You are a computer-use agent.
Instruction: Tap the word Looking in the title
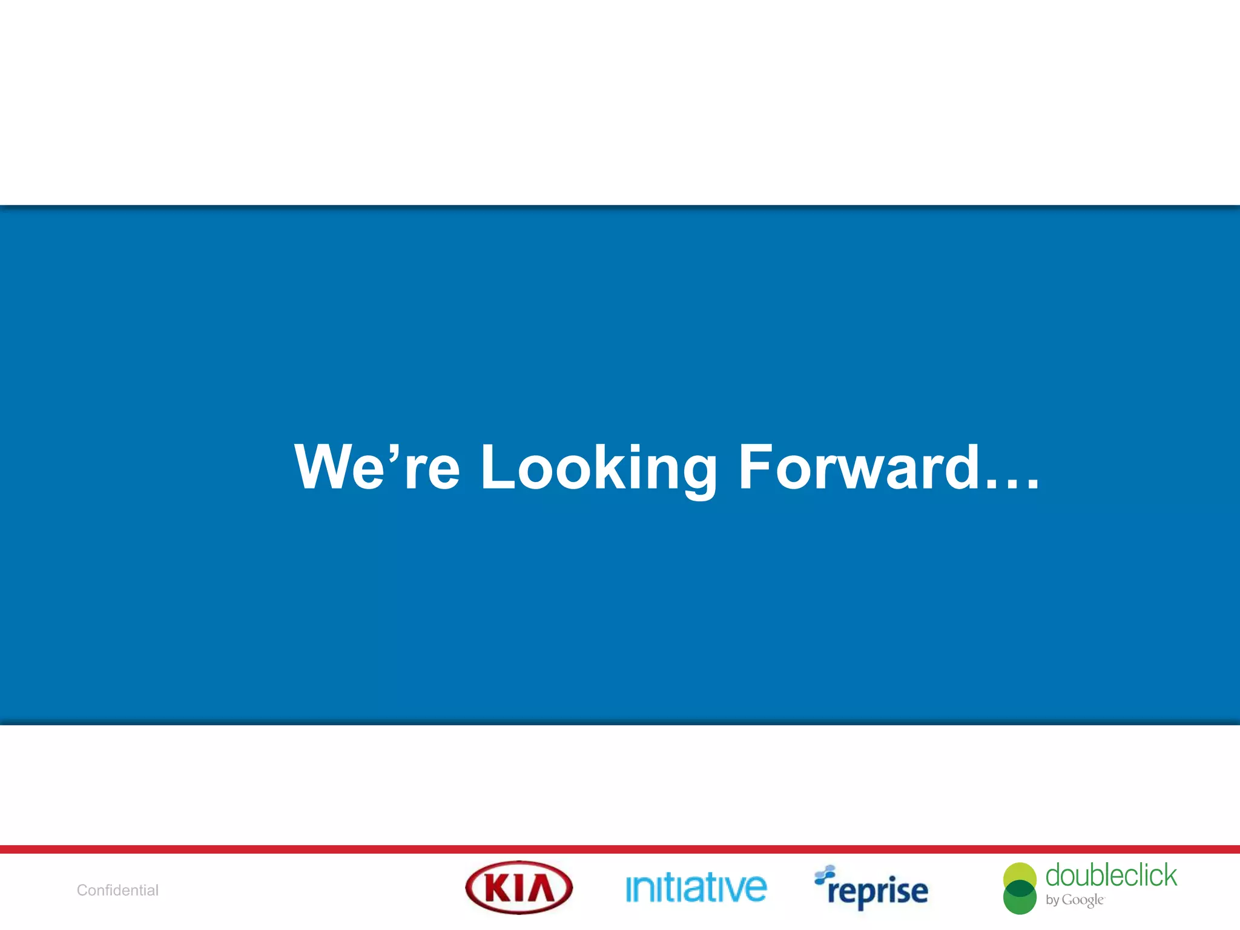point(598,468)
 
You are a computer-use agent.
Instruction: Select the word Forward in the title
point(859,467)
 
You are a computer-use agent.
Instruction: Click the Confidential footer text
point(117,890)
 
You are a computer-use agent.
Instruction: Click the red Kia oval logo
point(519,888)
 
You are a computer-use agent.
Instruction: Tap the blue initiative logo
point(696,889)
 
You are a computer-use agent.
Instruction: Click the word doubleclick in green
point(1111,876)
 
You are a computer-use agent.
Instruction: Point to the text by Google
point(1074,900)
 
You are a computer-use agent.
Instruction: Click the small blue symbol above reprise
point(825,873)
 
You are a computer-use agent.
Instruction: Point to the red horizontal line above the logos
point(620,849)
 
